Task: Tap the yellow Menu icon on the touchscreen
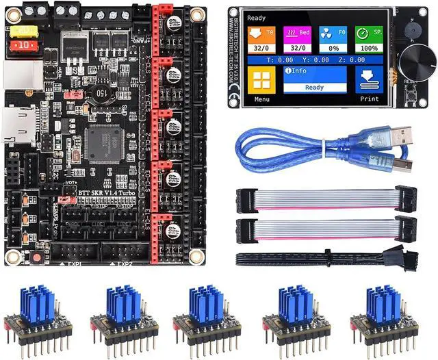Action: (x=262, y=81)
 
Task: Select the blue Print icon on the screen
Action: (x=369, y=81)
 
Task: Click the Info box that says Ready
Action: (x=314, y=81)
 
